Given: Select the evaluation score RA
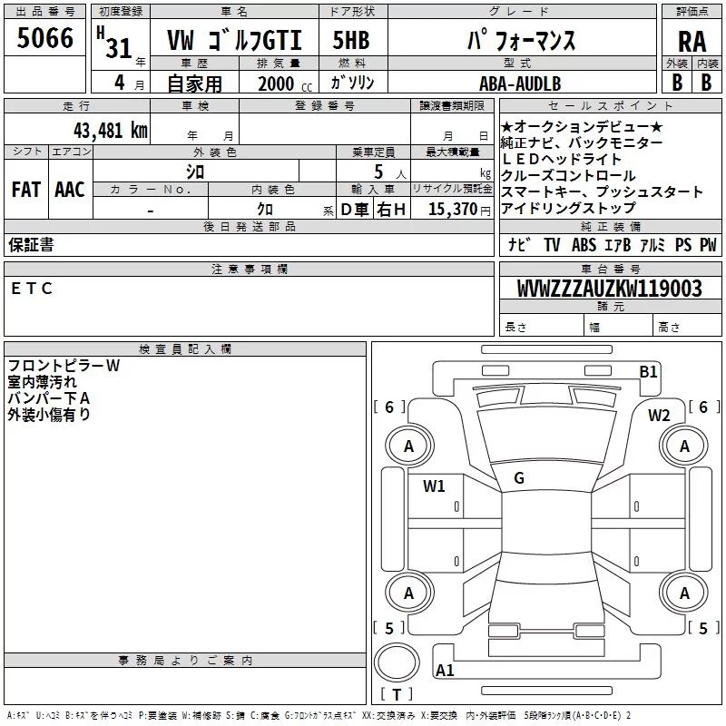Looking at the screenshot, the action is pos(692,41).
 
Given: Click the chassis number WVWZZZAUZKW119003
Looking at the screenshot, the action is pos(609,289).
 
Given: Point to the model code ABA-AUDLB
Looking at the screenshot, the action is pos(520,83).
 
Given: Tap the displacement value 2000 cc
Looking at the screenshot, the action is pos(282,83).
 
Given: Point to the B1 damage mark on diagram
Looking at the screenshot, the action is pos(648,371).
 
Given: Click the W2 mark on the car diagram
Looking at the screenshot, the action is pos(659,416).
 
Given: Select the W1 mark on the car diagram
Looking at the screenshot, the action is pos(434,486).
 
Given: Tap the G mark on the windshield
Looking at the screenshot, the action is pos(518,478).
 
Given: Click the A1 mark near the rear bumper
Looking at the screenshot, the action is pos(445,671).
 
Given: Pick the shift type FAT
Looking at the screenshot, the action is pos(25,189).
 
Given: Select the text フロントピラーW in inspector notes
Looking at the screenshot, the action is pos(64,366).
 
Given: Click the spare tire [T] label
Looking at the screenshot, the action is pos(397,695).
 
